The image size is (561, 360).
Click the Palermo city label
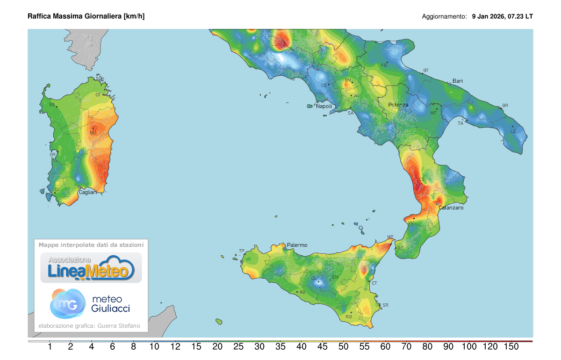[x=297, y=245]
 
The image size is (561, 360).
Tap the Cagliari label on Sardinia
[x=87, y=192]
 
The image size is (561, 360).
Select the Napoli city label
[x=324, y=106]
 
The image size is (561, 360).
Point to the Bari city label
[x=458, y=81]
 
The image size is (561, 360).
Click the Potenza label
[x=398, y=105]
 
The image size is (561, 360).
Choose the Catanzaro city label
[x=451, y=208]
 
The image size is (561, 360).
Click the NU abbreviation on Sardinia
[x=93, y=133]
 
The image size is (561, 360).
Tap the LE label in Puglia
[x=513, y=131]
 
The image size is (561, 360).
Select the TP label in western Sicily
[x=242, y=251]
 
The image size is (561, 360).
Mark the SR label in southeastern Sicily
[x=385, y=305]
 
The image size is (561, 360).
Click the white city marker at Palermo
[x=285, y=248]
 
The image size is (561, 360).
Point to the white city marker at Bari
[x=450, y=84]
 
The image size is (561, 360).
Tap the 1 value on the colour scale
[x=50, y=347]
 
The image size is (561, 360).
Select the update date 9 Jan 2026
[x=489, y=16]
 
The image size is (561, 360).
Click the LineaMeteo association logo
[x=91, y=268]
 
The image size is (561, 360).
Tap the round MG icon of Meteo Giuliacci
[x=67, y=303]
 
